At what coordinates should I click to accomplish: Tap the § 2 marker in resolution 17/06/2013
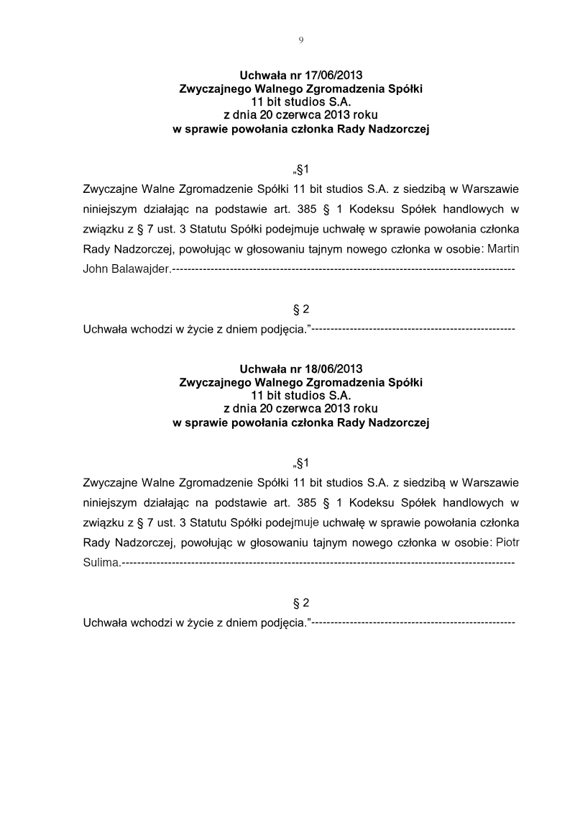300,309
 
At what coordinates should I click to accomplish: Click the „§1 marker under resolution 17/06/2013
300,170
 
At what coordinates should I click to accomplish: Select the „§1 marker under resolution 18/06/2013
300,462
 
